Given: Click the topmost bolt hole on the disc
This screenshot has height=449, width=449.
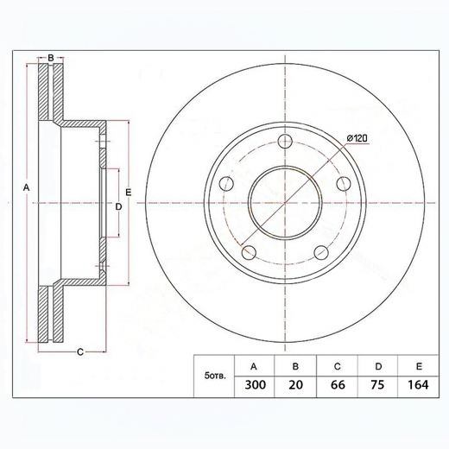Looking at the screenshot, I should pyautogui.click(x=283, y=141).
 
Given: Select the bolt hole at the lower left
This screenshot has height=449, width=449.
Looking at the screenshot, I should pyautogui.click(x=249, y=252).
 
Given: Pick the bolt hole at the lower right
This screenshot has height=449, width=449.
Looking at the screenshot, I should pyautogui.click(x=320, y=252).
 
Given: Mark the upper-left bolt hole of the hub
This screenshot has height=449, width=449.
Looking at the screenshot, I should pyautogui.click(x=226, y=183).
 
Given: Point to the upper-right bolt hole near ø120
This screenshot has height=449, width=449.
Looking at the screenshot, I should pyautogui.click(x=343, y=183).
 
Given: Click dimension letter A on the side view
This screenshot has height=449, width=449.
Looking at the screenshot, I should pyautogui.click(x=27, y=187).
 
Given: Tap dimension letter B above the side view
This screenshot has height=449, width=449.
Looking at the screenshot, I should pyautogui.click(x=51, y=58).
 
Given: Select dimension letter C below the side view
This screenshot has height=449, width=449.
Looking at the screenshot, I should pyautogui.click(x=79, y=351).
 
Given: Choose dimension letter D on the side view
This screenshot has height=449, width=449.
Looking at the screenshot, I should pyautogui.click(x=119, y=206).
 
